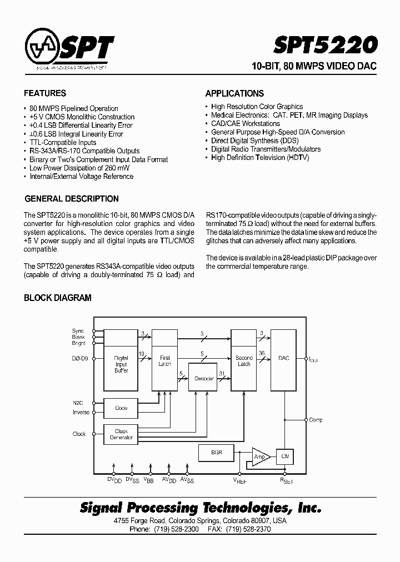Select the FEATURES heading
tap(45, 93)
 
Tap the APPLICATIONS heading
tap(234, 93)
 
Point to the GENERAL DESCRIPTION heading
tap(71, 199)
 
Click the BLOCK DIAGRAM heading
tap(57, 298)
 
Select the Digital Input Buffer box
tap(121, 364)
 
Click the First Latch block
tap(164, 361)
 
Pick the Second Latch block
tap(244, 361)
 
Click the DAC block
tap(284, 358)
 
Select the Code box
tap(121, 408)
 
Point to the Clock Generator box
tap(121, 434)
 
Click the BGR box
tap(217, 453)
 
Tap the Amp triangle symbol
tap(260, 456)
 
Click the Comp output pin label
tap(316, 420)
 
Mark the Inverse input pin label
tap(81, 412)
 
